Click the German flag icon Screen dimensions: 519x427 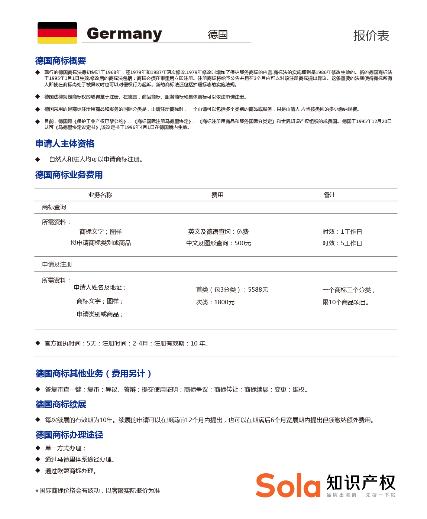pyautogui.click(x=57, y=33)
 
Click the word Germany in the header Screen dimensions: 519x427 pyautogui.click(x=124, y=34)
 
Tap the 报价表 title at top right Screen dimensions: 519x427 pyautogui.click(x=371, y=36)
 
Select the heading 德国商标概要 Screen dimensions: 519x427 pyautogui.click(x=61, y=61)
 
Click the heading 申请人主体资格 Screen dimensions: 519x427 pyautogui.click(x=65, y=144)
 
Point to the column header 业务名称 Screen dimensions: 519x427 pyautogui.click(x=100, y=195)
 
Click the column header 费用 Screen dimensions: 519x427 pyautogui.click(x=217, y=195)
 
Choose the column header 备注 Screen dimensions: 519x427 pyautogui.click(x=330, y=195)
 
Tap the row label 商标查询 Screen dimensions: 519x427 pyautogui.click(x=54, y=207)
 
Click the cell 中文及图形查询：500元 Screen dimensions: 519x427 pyautogui.click(x=219, y=243)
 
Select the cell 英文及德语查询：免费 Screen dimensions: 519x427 pyautogui.click(x=219, y=232)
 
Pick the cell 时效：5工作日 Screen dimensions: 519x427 pyautogui.click(x=342, y=243)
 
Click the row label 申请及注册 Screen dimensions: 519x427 pyautogui.click(x=57, y=265)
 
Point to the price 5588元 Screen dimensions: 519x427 pyautogui.click(x=258, y=290)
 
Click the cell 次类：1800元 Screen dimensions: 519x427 pyautogui.click(x=215, y=302)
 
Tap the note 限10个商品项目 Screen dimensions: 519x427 pyautogui.click(x=346, y=302)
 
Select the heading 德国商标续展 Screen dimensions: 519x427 pyautogui.click(x=61, y=405)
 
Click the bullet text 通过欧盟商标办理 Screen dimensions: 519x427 pyautogui.click(x=71, y=471)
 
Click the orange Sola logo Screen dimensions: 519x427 pyautogui.click(x=288, y=485)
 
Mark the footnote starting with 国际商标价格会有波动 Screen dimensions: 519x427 pyautogui.click(x=99, y=491)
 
